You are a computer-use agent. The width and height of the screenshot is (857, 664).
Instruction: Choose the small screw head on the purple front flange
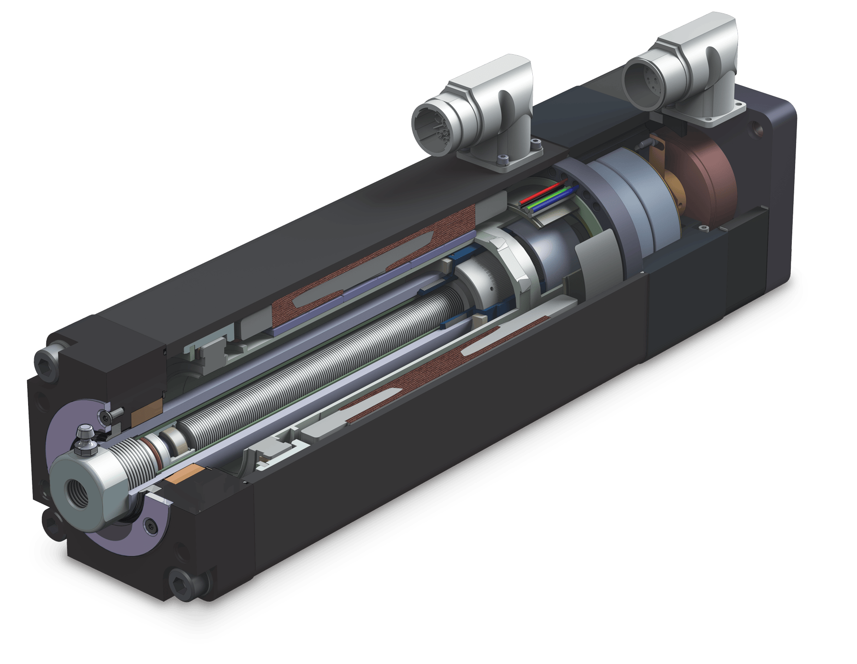point(152,526)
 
